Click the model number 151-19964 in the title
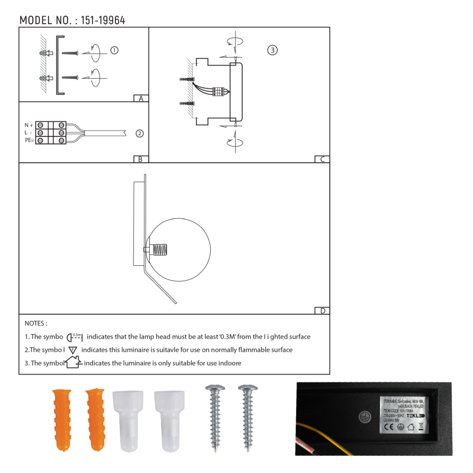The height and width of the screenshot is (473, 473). point(103,20)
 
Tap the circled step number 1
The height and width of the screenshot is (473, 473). point(114,50)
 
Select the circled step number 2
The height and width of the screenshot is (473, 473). point(140,134)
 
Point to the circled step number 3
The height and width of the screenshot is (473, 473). point(272,50)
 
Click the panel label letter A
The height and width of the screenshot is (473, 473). point(141,99)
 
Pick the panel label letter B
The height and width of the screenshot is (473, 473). point(140,159)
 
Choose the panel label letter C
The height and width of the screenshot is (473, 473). point(322,159)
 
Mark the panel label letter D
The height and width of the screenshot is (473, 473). point(322,311)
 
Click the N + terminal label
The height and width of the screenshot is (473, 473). point(29,125)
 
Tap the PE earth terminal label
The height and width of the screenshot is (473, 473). point(29,140)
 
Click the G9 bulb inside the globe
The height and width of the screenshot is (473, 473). point(159,250)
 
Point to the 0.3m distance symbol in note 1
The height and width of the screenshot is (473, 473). point(74,337)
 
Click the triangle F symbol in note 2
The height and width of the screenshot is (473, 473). point(73,350)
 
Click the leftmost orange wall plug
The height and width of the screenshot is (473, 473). point(62,420)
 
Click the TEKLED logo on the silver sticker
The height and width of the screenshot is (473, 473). point(415,416)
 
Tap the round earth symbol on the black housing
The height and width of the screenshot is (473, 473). point(364,417)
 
